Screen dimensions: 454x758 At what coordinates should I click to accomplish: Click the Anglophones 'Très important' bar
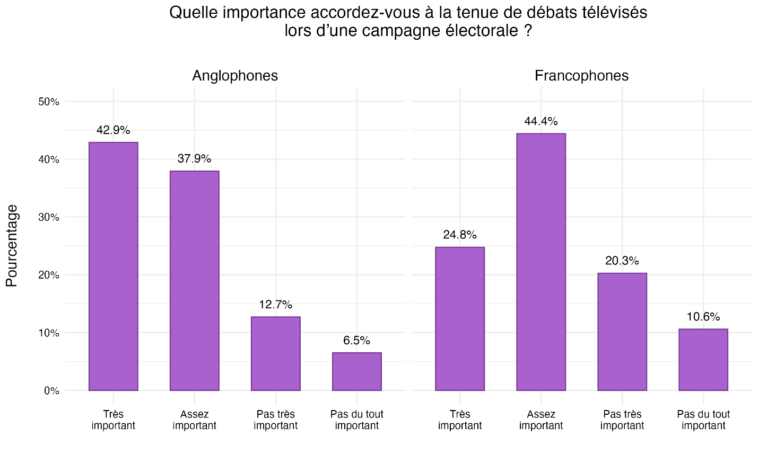point(113,266)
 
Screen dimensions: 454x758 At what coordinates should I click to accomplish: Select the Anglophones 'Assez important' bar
point(194,281)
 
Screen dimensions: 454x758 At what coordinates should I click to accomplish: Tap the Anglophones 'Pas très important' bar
point(275,353)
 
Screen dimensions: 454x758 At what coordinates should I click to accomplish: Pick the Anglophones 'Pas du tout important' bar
point(356,371)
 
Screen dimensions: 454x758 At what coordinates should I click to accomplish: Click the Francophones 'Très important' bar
point(459,319)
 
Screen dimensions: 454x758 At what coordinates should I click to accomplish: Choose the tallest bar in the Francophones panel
point(541,262)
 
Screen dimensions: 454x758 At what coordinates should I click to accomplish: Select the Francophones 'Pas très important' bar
point(622,332)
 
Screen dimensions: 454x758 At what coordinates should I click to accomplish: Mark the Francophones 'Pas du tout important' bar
point(703,360)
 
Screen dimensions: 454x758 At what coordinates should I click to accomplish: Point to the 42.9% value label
point(113,130)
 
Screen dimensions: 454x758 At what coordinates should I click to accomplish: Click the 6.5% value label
point(356,341)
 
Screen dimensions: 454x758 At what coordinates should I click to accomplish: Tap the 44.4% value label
point(541,121)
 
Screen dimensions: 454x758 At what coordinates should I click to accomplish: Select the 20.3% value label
point(622,261)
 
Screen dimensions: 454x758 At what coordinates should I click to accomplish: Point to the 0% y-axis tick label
point(51,391)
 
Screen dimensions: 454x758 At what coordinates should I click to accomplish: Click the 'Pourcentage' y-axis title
point(12,246)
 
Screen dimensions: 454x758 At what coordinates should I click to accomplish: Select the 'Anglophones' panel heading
point(234,76)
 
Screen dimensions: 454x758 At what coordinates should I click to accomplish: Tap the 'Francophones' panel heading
point(581,76)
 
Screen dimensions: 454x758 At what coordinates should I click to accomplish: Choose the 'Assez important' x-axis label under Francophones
point(541,420)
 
